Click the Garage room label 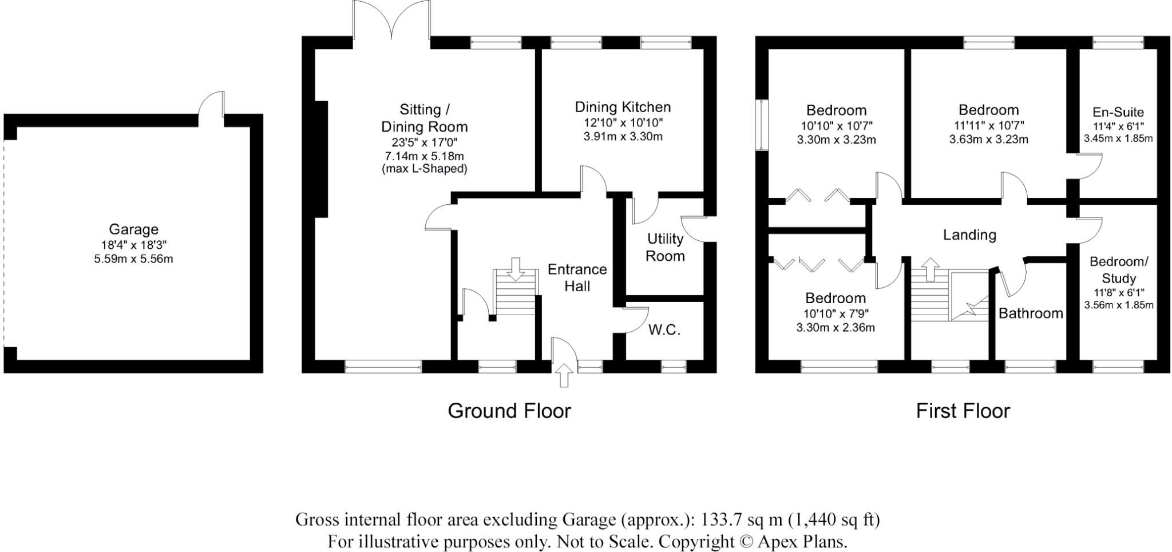pos(133,229)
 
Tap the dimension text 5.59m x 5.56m pos(133,259)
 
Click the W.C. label pos(664,330)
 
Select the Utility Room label pos(665,247)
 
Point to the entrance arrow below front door pos(564,375)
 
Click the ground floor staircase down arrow pos(516,269)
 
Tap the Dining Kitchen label pos(623,107)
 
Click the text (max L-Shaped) pos(424,169)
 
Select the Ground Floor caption pos(509,411)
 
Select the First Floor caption pos(963,411)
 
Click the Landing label pos(969,235)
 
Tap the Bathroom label pos(1031,313)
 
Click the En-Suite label pos(1118,112)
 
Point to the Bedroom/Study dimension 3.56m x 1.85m pos(1118,305)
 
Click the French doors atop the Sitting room pos(391,20)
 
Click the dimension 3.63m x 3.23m pos(988,140)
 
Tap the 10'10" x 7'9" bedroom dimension pos(835,313)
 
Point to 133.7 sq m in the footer pos(742,520)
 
